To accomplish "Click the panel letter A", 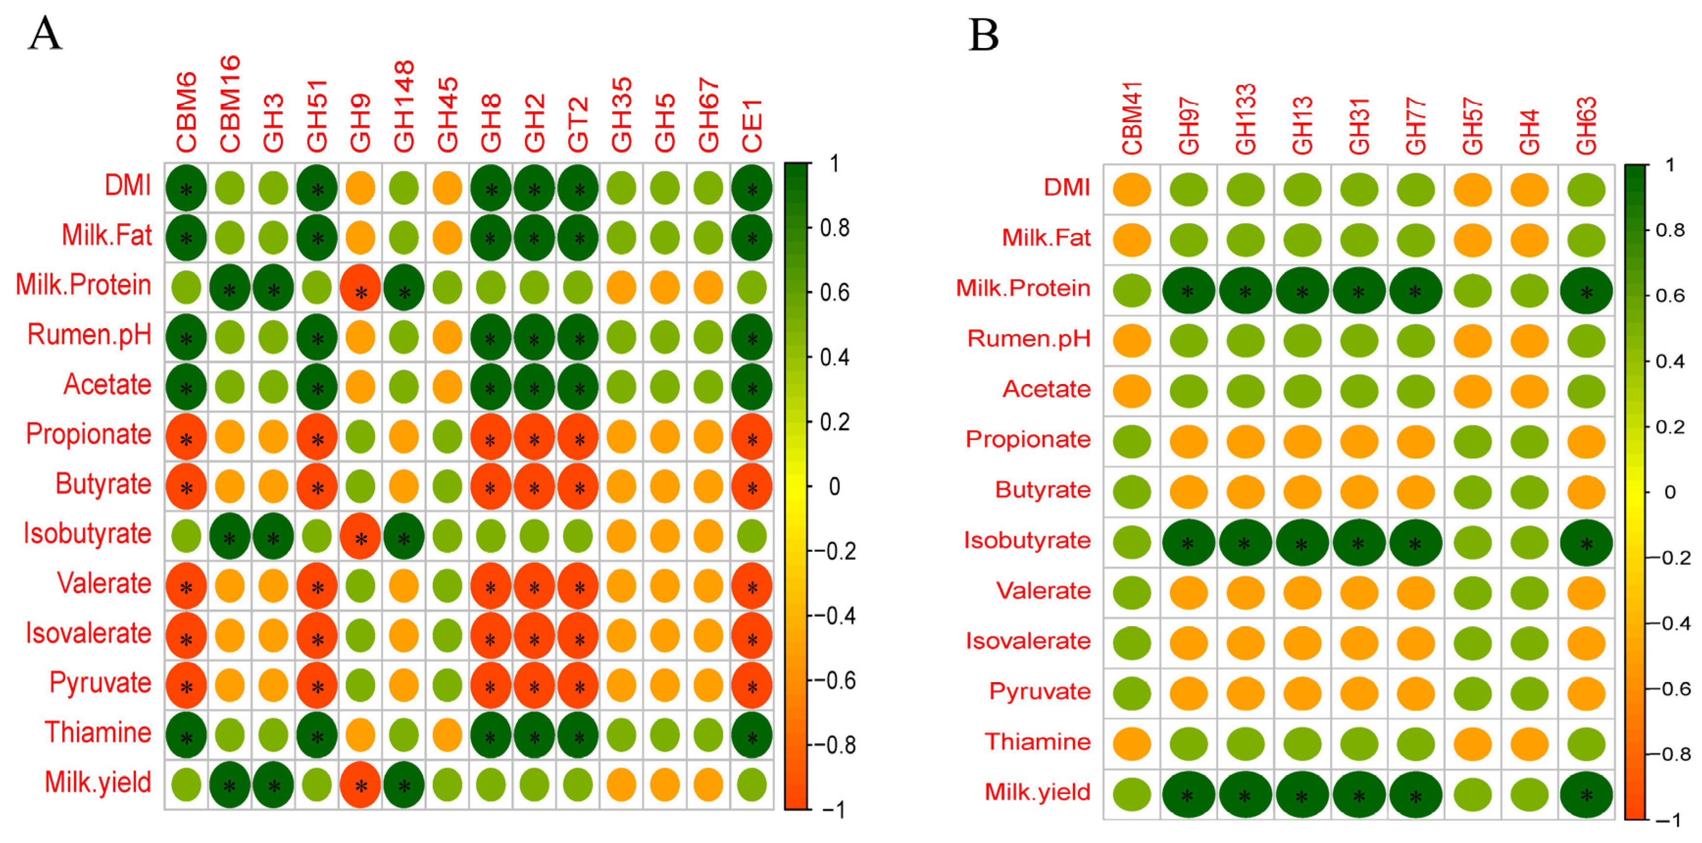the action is [x=45, y=34].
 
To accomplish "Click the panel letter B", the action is [x=983, y=34].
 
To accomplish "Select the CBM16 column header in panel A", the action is [x=229, y=104].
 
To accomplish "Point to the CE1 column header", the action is [x=752, y=125].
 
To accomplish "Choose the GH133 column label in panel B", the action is [x=1246, y=119].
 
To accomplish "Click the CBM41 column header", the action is [x=1132, y=118].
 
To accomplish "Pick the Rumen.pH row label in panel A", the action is [x=89, y=335].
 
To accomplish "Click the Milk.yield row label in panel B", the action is [x=1037, y=792].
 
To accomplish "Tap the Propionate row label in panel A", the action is [x=89, y=434].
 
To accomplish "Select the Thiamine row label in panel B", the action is [x=1037, y=742].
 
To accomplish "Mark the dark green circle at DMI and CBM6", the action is [x=186, y=188].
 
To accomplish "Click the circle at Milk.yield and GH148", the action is [x=404, y=784].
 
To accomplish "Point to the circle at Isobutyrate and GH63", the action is [x=1586, y=543].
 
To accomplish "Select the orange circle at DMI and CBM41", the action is [x=1132, y=189].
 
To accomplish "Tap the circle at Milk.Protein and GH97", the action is [x=1188, y=290].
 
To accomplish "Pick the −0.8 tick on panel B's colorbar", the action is [x=1670, y=754].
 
